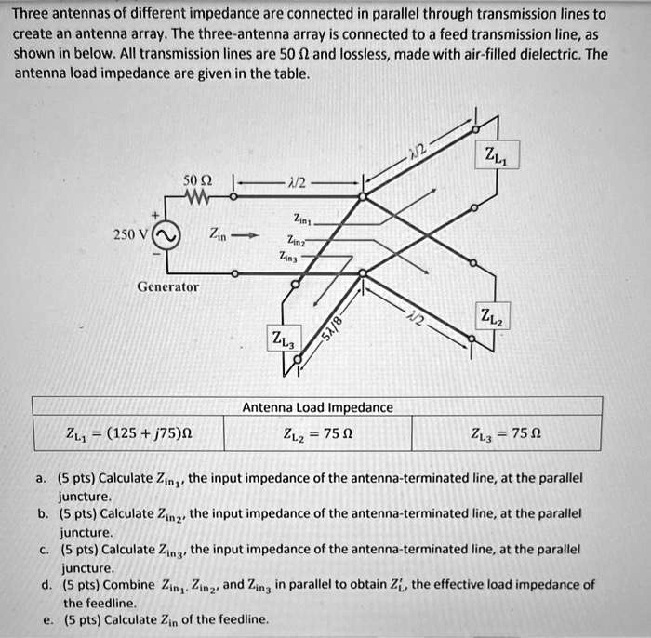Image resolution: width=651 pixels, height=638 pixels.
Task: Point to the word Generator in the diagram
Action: click(x=167, y=287)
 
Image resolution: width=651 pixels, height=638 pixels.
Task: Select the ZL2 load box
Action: click(x=491, y=317)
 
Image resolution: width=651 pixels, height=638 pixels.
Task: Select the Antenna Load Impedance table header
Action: click(x=317, y=407)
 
